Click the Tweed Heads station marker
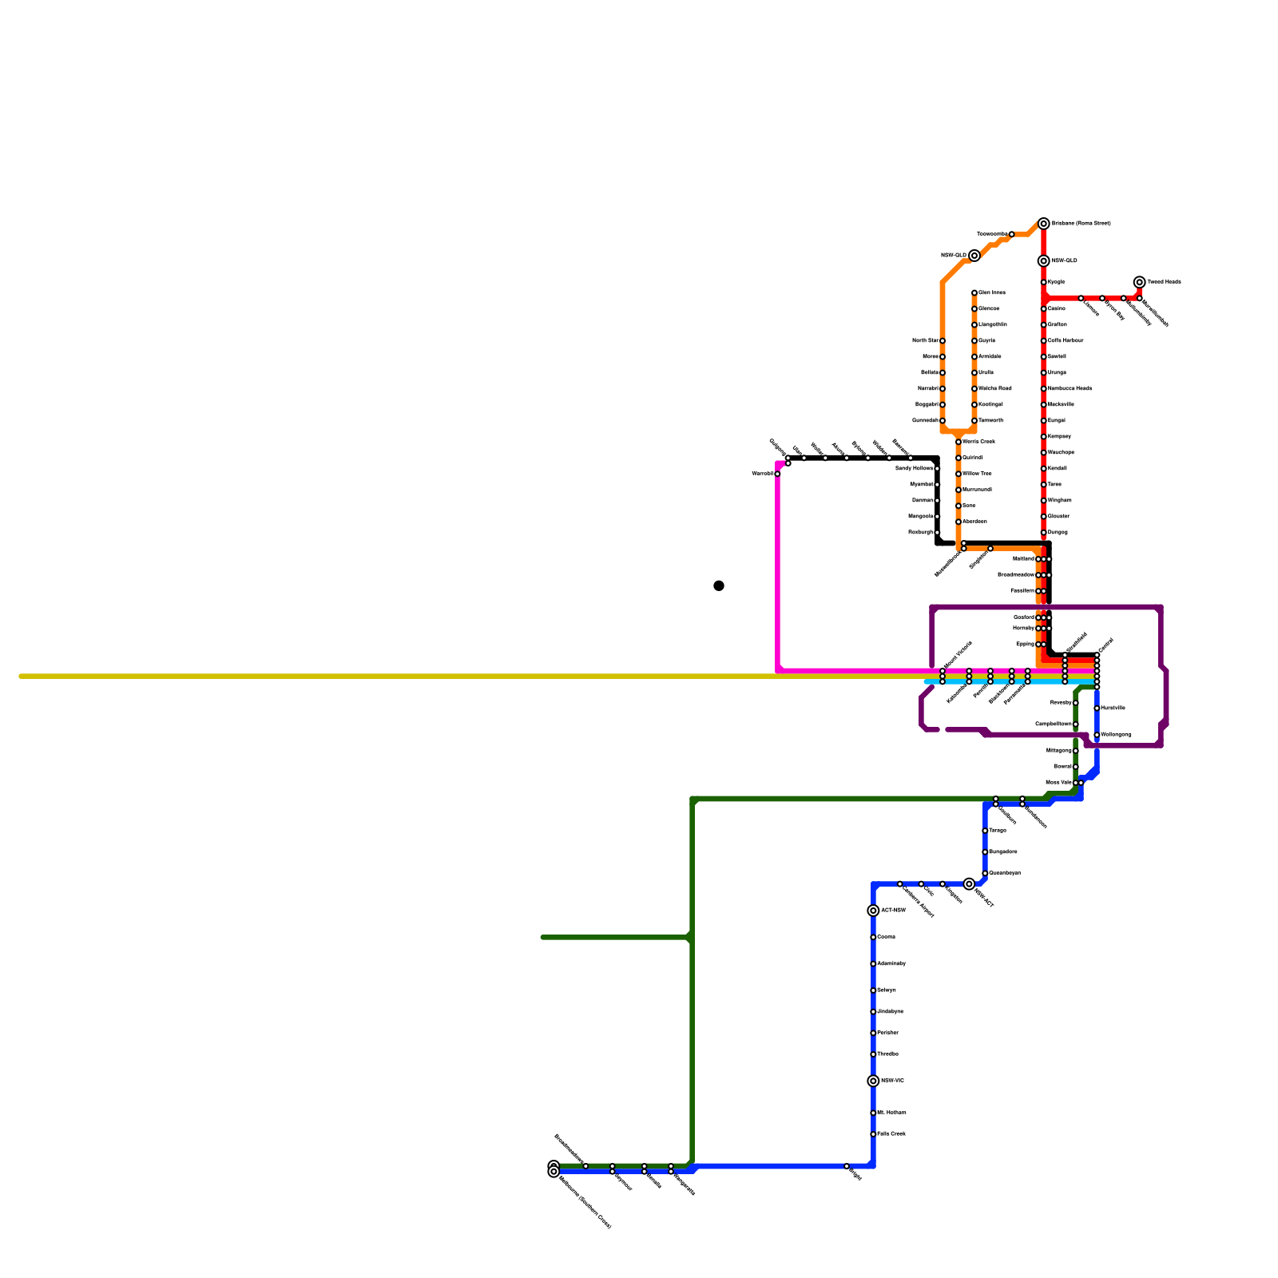[1140, 282]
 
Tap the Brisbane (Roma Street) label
[1081, 224]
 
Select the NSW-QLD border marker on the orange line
[974, 256]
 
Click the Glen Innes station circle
[974, 293]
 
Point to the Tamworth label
[990, 420]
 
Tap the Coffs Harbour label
[1066, 340]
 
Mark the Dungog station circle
[1044, 532]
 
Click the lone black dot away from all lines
[719, 585]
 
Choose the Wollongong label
[1116, 734]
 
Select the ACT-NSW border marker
[874, 911]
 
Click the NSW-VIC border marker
[874, 1081]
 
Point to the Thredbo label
[887, 1054]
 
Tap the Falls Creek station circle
[874, 1134]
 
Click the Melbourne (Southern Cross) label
[585, 1201]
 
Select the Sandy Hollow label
[914, 468]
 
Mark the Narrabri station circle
[943, 389]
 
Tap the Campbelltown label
[1054, 724]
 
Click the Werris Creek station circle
[958, 442]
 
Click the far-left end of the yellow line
[22, 677]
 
